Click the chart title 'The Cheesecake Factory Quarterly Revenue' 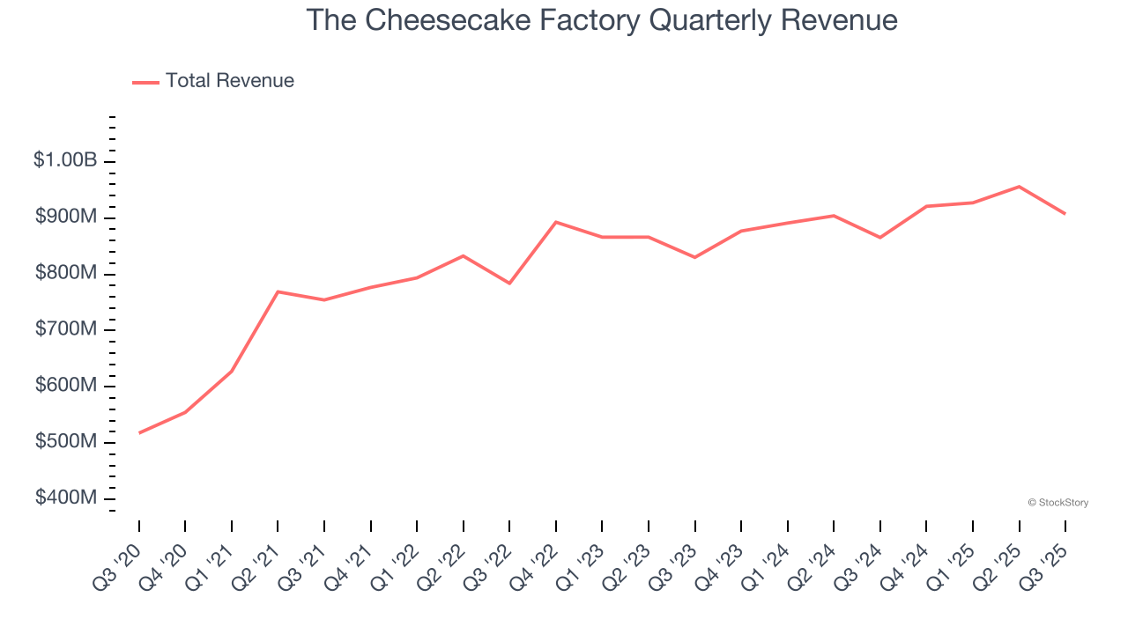point(602,20)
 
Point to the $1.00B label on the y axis point(65,160)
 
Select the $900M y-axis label point(66,217)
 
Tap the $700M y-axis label point(66,329)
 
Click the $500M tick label point(66,441)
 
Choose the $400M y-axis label point(66,498)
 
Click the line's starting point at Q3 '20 point(139,433)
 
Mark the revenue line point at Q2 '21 point(278,291)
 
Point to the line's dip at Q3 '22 point(509,284)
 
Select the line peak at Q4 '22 point(556,222)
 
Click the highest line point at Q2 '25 point(1019,187)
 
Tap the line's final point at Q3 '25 point(1065,214)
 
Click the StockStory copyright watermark point(1057,503)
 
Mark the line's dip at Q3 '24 point(880,238)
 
